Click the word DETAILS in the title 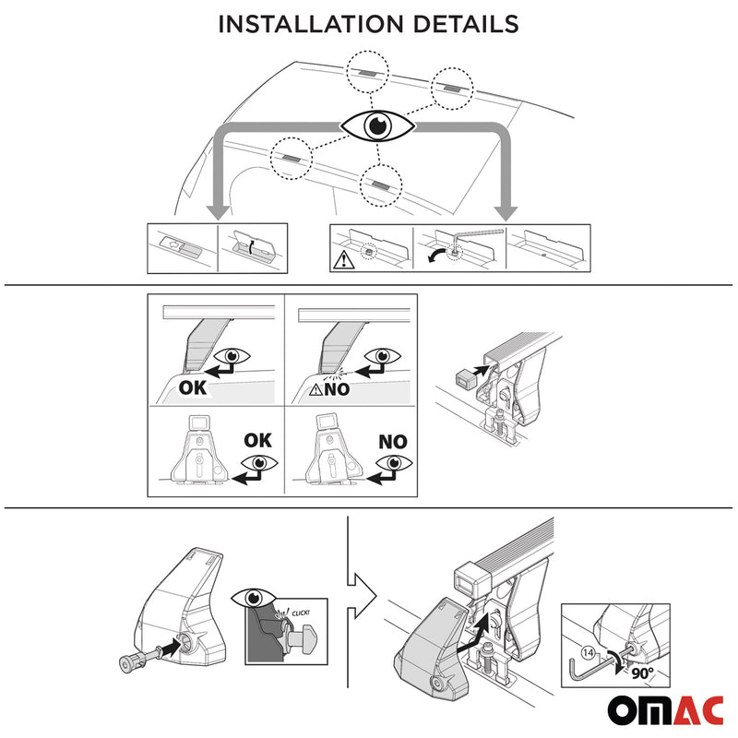(x=464, y=24)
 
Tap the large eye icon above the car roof (x=378, y=125)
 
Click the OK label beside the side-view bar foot (x=193, y=388)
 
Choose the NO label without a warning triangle (x=393, y=442)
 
